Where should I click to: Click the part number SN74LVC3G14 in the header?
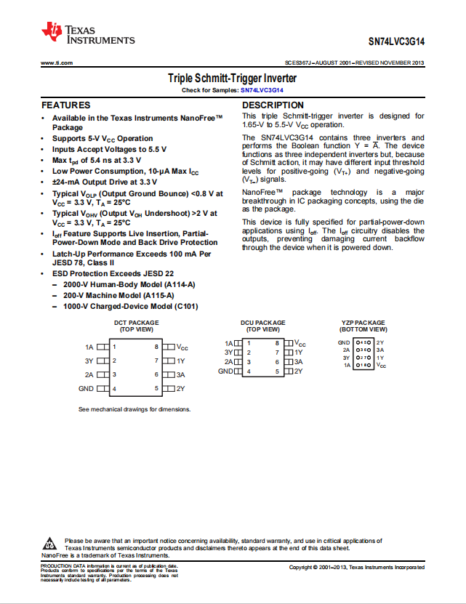(396, 42)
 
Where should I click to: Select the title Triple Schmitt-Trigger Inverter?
(232, 78)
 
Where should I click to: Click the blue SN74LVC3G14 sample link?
(262, 90)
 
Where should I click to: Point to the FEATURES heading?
(66, 105)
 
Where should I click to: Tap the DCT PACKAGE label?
(136, 323)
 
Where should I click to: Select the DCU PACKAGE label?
(263, 323)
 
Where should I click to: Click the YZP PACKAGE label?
(363, 323)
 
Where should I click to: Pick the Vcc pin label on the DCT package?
(182, 347)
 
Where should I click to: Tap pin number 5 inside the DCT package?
(156, 389)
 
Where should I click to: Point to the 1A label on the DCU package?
(229, 342)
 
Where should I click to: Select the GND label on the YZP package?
(344, 342)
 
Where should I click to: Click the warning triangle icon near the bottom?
(51, 544)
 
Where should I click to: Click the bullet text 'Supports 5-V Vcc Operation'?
(103, 138)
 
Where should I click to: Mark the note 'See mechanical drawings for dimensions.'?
(134, 409)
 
